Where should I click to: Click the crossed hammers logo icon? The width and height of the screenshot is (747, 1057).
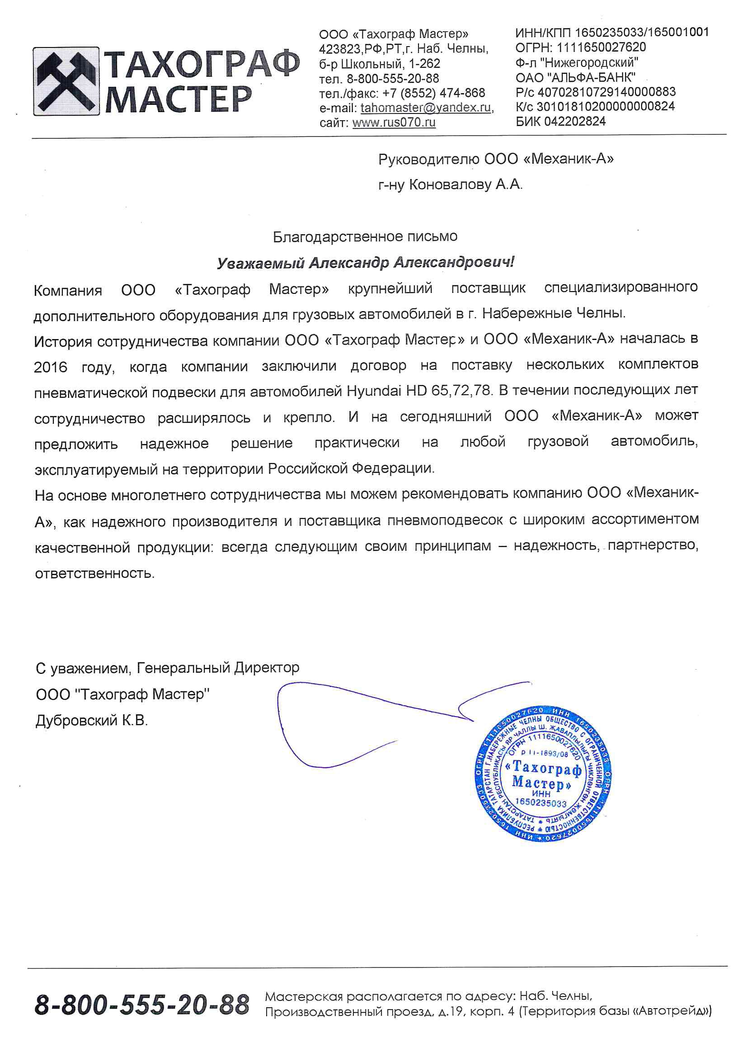pyautogui.click(x=66, y=81)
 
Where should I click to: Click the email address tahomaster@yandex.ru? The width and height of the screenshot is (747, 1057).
pyautogui.click(x=426, y=108)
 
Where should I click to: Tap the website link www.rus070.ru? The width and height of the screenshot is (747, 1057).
pyautogui.click(x=394, y=123)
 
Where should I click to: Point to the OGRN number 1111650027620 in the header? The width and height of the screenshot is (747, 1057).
pyautogui.click(x=601, y=47)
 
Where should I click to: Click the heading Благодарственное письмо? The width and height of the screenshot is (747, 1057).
pyautogui.click(x=365, y=236)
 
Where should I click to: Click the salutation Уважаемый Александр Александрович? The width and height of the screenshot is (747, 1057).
pyautogui.click(x=365, y=263)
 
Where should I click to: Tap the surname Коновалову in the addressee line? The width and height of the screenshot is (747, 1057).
pyautogui.click(x=450, y=185)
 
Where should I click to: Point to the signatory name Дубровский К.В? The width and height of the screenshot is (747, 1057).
pyautogui.click(x=92, y=721)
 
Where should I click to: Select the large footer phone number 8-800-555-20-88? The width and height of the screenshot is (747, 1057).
pyautogui.click(x=142, y=1005)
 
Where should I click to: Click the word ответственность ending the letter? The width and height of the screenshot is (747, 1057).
pyautogui.click(x=94, y=574)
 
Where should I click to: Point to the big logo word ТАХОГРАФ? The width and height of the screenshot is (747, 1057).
pyautogui.click(x=202, y=65)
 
